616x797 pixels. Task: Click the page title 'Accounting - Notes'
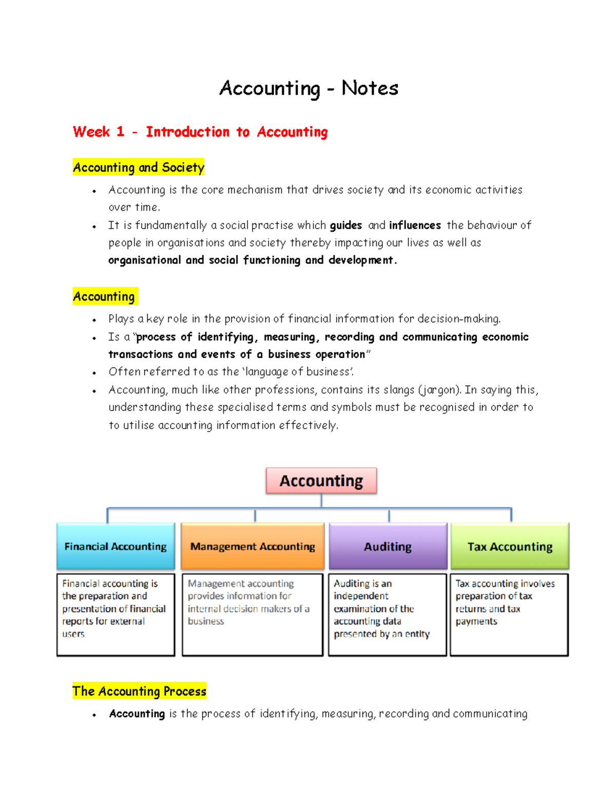309,88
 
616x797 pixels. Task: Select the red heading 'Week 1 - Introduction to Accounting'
200,132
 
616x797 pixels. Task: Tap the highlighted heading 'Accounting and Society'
139,167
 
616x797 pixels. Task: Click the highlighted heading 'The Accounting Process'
139,691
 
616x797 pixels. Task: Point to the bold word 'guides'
346,225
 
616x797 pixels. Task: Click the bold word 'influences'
415,225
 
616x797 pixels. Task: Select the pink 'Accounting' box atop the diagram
321,481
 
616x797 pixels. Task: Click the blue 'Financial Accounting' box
115,547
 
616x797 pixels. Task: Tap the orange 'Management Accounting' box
253,547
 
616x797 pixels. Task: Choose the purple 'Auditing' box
388,547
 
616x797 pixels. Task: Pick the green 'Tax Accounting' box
510,547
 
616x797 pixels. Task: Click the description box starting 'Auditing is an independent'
388,614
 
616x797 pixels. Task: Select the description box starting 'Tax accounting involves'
509,614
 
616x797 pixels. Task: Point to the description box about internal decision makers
253,614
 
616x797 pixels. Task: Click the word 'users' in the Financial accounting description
73,634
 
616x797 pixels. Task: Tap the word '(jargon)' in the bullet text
440,390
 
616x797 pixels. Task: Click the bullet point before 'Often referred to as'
94,373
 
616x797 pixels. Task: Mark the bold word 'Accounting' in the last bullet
137,714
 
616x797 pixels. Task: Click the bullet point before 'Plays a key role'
94,320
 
